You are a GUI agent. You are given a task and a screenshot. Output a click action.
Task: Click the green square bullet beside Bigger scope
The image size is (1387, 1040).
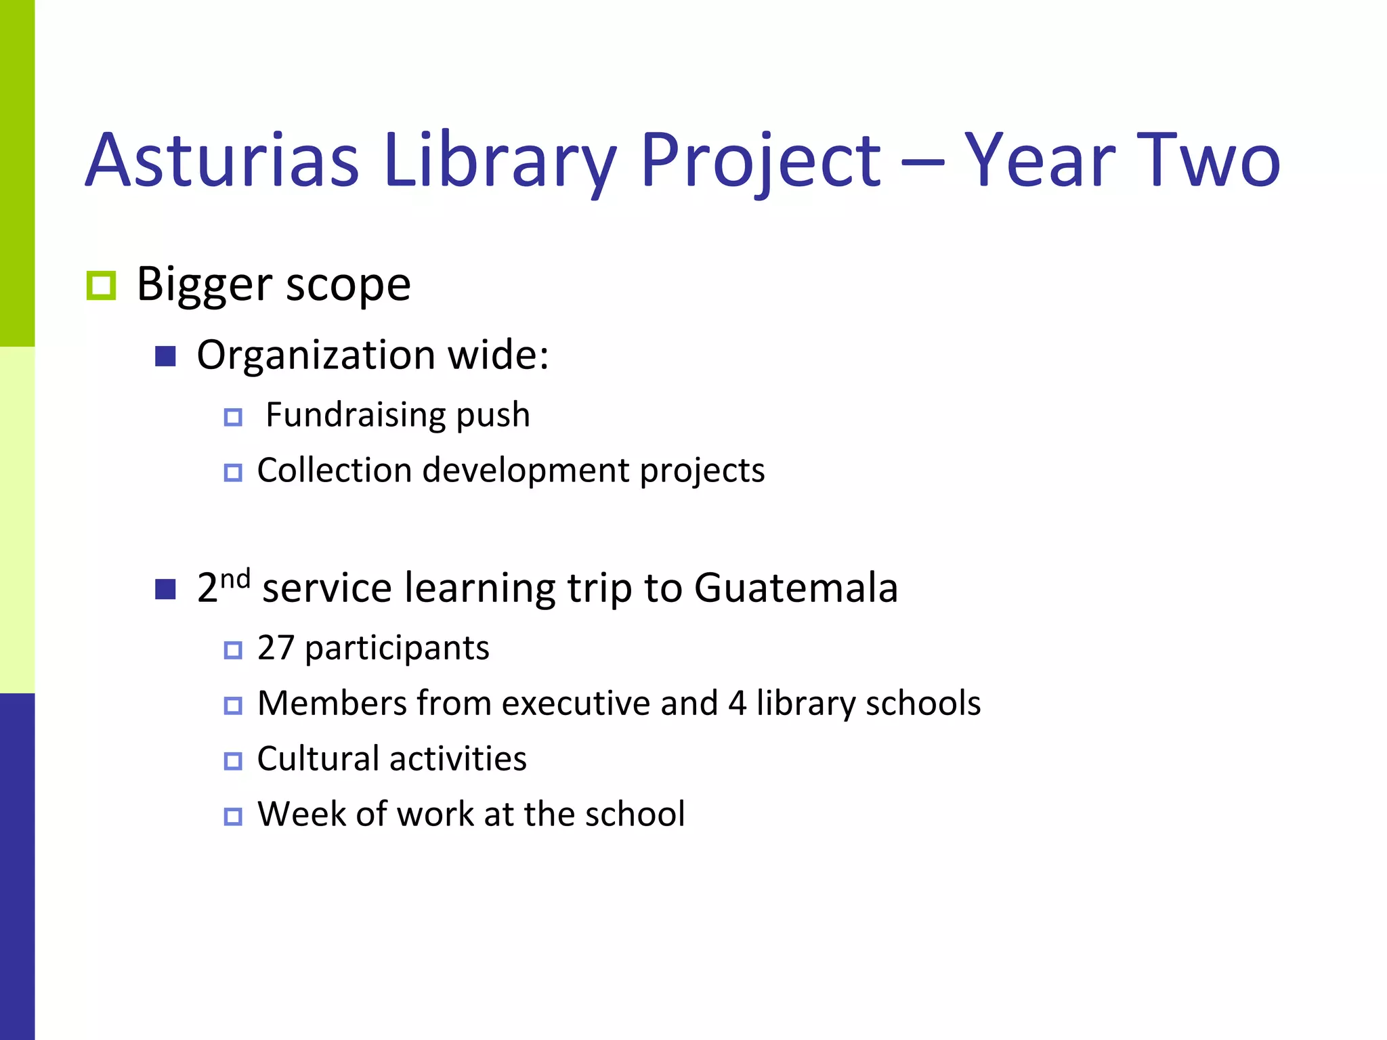pos(102,285)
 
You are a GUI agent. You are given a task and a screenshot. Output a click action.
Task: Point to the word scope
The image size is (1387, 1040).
pos(348,285)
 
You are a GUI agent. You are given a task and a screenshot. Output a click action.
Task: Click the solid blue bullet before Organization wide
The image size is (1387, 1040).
pos(165,356)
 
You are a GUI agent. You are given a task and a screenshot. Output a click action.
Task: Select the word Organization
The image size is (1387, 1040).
pos(316,355)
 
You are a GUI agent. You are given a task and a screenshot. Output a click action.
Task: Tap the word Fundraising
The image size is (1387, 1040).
pos(356,414)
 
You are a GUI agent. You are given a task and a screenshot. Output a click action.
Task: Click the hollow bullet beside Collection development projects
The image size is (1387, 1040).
pos(233,472)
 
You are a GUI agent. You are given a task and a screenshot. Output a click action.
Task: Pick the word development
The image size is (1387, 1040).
pos(526,470)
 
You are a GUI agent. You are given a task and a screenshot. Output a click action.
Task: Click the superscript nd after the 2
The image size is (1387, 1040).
pos(236,579)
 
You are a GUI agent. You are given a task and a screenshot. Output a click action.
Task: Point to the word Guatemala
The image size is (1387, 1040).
pos(796,587)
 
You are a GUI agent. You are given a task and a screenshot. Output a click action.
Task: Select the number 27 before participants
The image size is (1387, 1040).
pos(275,648)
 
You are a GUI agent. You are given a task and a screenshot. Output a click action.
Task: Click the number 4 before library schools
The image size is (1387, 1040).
pos(738,703)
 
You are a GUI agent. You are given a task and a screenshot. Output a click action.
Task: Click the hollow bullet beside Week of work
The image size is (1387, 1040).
pos(233,816)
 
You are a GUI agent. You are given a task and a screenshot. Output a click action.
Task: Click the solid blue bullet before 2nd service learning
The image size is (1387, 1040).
pos(165,589)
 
